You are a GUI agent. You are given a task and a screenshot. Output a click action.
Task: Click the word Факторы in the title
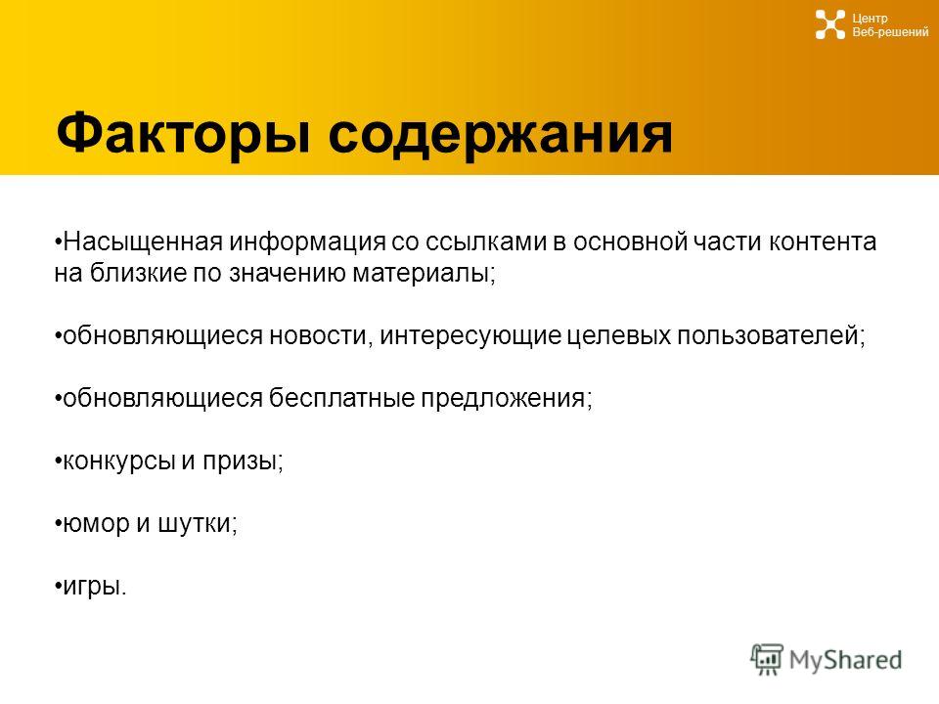tap(183, 134)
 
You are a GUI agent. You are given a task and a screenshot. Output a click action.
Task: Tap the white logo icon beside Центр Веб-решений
tap(830, 24)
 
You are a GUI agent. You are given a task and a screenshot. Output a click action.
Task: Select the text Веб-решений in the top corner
tap(890, 32)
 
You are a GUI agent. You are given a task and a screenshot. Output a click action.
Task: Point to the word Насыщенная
tap(143, 242)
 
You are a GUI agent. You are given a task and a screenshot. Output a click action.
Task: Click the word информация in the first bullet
tap(307, 242)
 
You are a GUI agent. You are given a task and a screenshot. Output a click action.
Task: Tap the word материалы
tap(424, 274)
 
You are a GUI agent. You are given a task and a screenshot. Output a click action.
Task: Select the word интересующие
tap(470, 335)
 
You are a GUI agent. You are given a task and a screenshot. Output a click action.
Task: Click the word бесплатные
tap(341, 398)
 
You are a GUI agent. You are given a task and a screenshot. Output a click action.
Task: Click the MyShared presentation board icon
tap(767, 659)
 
